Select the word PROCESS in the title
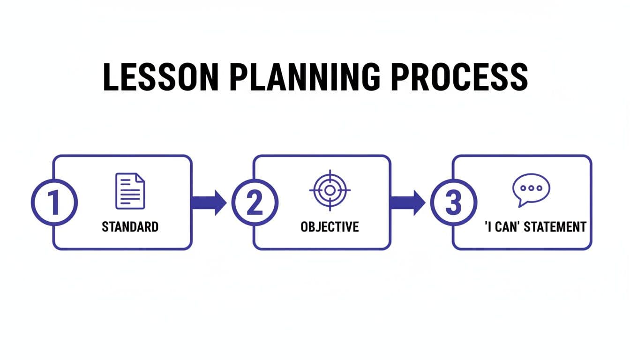point(459,77)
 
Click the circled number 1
point(54,203)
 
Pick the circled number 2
point(255,203)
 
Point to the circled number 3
point(453,203)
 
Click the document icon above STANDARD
point(130,191)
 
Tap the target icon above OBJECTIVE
point(330,190)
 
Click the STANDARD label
point(130,227)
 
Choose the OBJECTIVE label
point(330,227)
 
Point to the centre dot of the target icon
point(330,190)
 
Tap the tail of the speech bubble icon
point(520,203)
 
